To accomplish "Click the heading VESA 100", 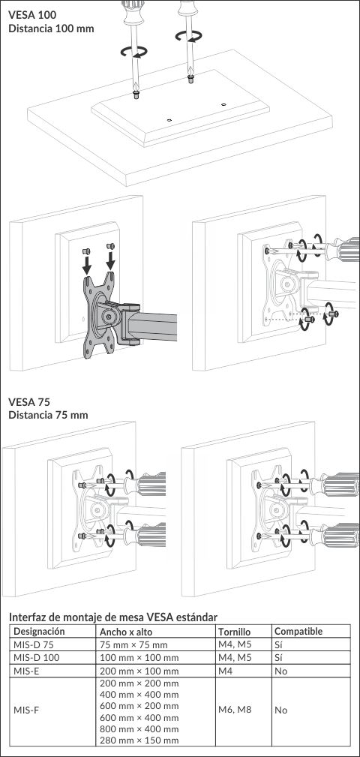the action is pyautogui.click(x=32, y=15).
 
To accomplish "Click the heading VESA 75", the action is pyautogui.click(x=29, y=402).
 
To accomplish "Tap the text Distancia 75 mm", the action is pyautogui.click(x=48, y=415).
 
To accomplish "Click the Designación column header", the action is pyautogui.click(x=39, y=632).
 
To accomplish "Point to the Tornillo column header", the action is pyautogui.click(x=235, y=632).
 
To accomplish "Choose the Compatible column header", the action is pyautogui.click(x=298, y=632).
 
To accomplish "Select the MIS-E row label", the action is pyautogui.click(x=25, y=671).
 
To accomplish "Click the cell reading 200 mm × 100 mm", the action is pyautogui.click(x=139, y=671).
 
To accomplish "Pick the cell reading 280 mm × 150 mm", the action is pyautogui.click(x=139, y=740).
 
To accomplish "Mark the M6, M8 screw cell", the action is pyautogui.click(x=235, y=710).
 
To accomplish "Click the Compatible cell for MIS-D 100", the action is pyautogui.click(x=279, y=657).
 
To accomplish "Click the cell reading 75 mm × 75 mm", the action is pyautogui.click(x=133, y=644).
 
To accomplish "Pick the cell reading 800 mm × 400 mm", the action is pyautogui.click(x=139, y=729).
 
